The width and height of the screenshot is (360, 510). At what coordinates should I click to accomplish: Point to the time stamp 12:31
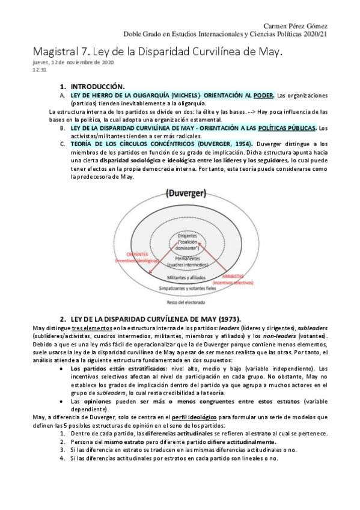(x=38, y=69)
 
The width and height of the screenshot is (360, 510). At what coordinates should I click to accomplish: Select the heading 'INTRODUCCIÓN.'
(x=97, y=87)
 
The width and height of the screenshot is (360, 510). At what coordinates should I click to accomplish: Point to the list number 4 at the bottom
(x=62, y=458)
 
